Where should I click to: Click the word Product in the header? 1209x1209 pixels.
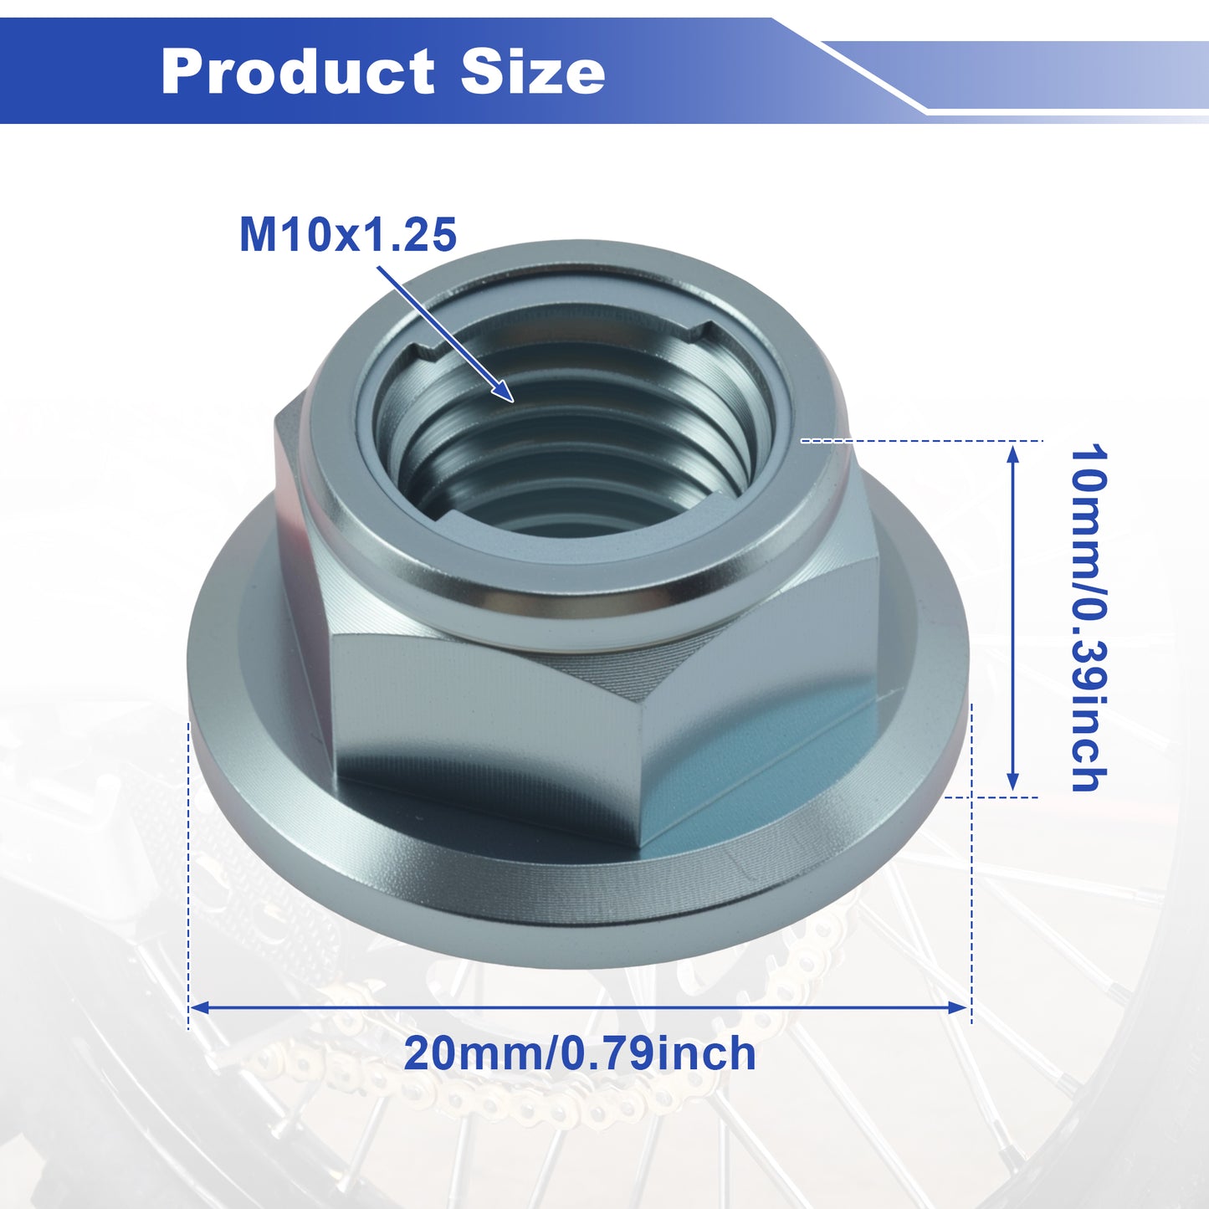298,71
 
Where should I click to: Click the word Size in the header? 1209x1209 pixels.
533,71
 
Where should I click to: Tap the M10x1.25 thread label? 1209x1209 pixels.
347,235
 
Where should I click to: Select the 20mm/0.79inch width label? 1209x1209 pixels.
580,1053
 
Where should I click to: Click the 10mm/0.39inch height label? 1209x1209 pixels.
1089,618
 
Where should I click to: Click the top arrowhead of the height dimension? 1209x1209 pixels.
1012,453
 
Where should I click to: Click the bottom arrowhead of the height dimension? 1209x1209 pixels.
1012,781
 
